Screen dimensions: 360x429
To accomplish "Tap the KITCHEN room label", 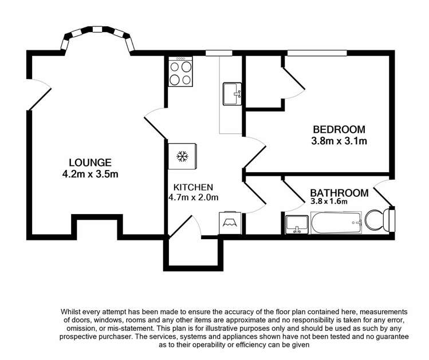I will click(194, 187).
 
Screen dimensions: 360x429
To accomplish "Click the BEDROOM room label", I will click(339, 129).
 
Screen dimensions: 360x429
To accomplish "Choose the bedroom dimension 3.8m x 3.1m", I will click(339, 140).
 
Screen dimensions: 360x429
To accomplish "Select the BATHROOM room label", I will click(339, 192).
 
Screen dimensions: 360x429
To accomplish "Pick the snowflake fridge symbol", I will click(182, 156).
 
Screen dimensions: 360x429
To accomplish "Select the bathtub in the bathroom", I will click(336, 222).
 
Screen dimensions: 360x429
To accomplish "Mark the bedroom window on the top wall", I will click(317, 53).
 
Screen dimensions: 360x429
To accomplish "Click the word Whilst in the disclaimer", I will click(73, 311).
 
